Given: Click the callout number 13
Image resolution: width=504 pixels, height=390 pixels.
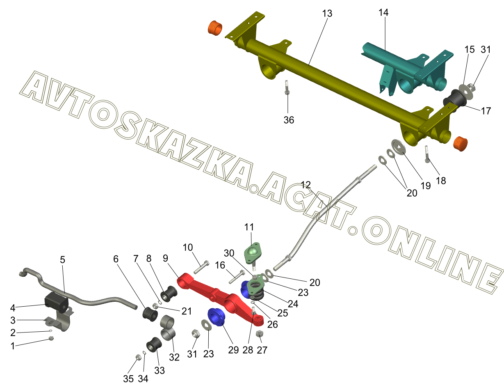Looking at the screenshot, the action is tap(327, 14).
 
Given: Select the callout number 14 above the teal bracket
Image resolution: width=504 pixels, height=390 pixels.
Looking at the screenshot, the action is tap(383, 13).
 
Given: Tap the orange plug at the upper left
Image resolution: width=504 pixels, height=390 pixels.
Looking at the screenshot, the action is tap(214, 28).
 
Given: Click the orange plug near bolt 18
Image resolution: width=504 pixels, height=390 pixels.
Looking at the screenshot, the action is tap(461, 144).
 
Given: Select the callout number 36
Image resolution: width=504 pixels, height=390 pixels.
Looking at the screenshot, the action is tap(289, 120).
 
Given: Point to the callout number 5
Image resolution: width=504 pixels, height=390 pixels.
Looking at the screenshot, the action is tap(62, 259).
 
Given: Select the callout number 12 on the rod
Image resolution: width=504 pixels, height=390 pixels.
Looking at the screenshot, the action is tap(306, 185).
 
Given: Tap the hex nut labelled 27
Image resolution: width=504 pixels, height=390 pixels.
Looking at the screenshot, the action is tap(260, 334).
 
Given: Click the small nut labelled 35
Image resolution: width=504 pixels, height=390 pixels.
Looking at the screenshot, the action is tap(138, 357).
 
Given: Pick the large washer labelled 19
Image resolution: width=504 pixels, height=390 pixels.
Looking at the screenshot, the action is tap(398, 147).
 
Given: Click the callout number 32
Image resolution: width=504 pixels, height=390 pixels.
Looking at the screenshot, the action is tap(174, 357).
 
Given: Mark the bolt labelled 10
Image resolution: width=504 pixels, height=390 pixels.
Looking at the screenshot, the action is tap(201, 267).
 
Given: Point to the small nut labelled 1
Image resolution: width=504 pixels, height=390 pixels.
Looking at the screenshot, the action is tap(52, 338).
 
